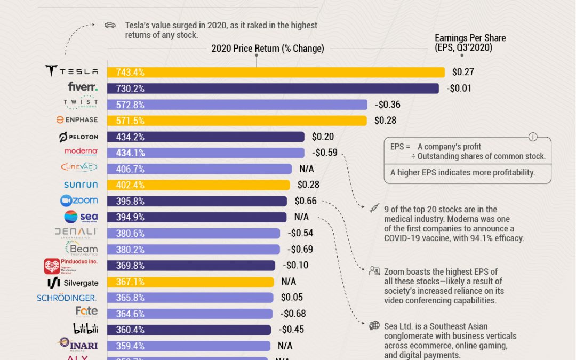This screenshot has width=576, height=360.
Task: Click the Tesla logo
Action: coord(71,71)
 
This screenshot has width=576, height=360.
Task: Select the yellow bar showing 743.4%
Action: coord(276,72)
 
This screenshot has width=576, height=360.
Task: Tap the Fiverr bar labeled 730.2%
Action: coord(273,89)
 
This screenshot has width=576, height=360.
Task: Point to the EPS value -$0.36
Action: coord(388,105)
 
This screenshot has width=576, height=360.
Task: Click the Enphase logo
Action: coord(77,120)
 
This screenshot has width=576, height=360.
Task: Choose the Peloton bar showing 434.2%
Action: coord(205,137)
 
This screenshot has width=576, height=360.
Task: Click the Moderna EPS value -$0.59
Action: coord(325,153)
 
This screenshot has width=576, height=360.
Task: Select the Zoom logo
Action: coord(79,201)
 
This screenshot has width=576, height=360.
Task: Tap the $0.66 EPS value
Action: coord(306,201)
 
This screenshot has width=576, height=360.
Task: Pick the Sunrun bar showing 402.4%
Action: coord(198,185)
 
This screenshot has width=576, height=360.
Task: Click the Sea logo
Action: coord(81,217)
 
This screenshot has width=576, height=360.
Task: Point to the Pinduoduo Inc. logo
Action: coord(71,266)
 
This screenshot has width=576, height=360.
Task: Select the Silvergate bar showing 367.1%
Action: coord(190,282)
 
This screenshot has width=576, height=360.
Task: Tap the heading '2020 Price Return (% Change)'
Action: coord(267,49)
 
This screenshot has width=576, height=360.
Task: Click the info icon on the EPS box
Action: coord(532,137)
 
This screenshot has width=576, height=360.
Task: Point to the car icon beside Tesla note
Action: coord(110,25)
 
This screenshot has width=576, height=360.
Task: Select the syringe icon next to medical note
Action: coord(374,209)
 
